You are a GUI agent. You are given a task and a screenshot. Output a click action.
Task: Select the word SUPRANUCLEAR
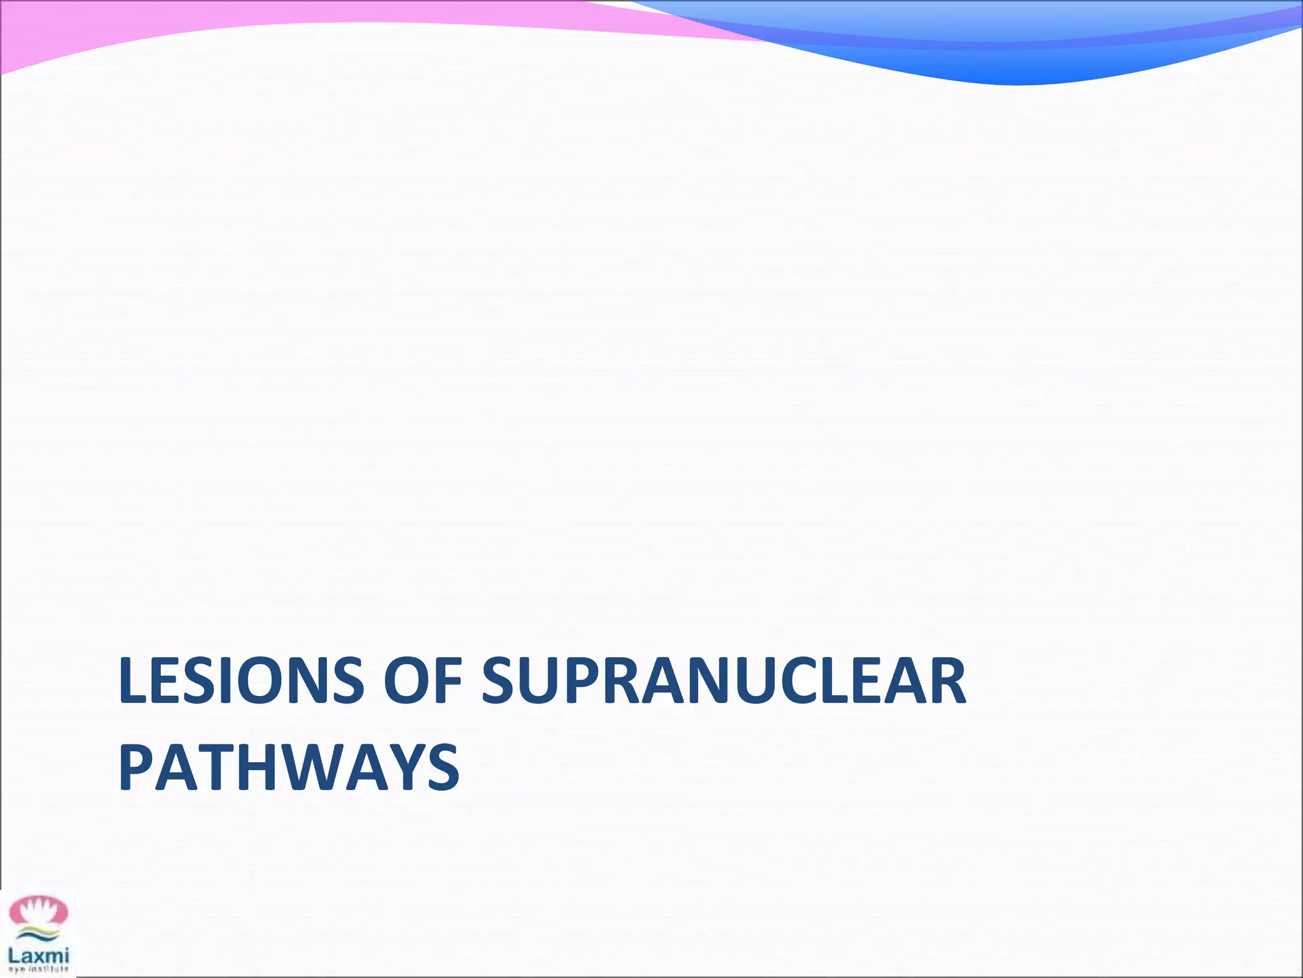click(723, 681)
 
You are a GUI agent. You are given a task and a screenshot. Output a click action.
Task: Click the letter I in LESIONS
click(239, 681)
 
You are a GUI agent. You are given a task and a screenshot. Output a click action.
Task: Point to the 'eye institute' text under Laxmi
click(38, 970)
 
